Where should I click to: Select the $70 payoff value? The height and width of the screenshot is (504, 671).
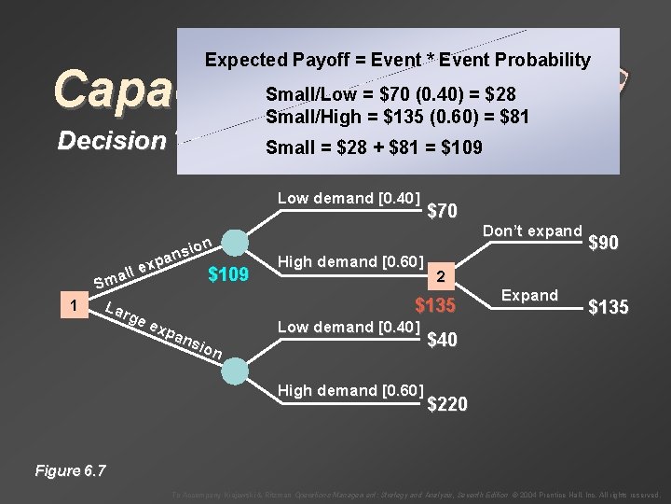coord(442,212)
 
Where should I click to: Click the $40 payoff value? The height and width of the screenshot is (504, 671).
coord(442,341)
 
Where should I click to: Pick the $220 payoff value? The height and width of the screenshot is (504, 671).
coord(447,403)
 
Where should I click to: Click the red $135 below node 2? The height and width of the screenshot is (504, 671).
coord(435,306)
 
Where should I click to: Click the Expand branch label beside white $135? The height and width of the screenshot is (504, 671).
coord(529,295)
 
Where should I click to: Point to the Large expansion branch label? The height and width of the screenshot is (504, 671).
coord(162,330)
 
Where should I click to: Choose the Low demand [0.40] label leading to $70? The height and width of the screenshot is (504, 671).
coord(349,198)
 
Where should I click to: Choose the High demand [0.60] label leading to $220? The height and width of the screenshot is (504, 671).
coord(349,389)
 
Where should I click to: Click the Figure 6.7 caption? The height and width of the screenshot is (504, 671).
coord(70,470)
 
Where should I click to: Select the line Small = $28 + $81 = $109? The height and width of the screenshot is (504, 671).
coord(374,147)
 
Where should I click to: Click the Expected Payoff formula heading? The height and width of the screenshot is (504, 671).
coord(398,61)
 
